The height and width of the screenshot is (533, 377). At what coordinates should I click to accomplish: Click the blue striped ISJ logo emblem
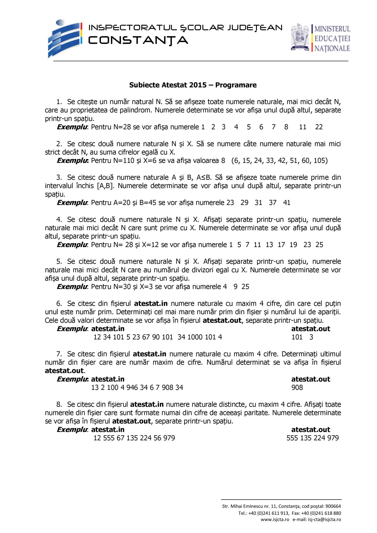[65, 38]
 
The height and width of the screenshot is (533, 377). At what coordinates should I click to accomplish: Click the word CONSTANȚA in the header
[138, 40]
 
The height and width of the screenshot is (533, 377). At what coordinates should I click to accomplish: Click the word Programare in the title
[236, 85]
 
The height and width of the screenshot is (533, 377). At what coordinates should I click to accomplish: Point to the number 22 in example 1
[319, 127]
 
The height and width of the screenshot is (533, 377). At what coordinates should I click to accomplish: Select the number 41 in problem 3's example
[287, 203]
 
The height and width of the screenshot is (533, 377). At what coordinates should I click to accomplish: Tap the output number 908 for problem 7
[297, 387]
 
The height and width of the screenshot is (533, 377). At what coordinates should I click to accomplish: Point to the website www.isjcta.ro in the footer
[275, 519]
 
